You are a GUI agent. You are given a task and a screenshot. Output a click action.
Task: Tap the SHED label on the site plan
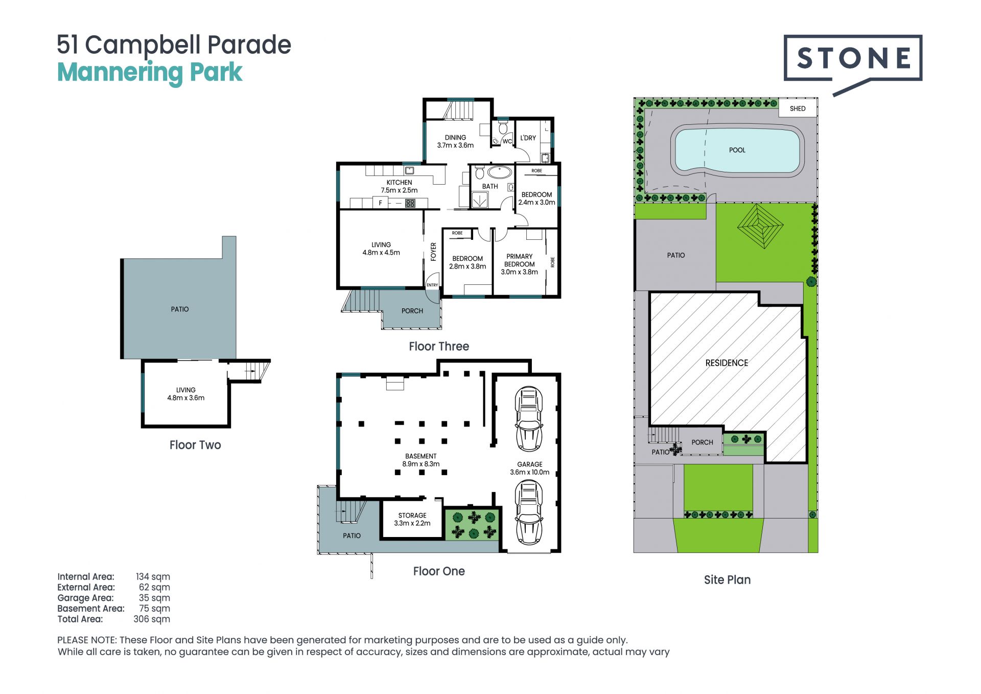pos(798,108)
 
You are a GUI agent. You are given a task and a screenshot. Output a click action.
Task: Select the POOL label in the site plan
pos(737,150)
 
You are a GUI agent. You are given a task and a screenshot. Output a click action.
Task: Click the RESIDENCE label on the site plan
pos(727,363)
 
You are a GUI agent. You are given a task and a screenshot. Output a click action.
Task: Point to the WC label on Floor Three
pos(507,142)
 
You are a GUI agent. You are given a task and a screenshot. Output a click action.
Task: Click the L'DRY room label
pos(528,138)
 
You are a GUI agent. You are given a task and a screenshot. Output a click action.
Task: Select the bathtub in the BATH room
pos(499,172)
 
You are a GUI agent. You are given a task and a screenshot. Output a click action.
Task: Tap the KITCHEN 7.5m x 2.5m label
pos(399,186)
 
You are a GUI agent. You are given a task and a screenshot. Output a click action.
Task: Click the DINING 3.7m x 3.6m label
pos(455,141)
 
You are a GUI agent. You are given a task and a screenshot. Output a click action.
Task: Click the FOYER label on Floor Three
pos(433,252)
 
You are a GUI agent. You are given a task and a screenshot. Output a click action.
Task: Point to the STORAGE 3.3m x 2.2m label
pos(412,519)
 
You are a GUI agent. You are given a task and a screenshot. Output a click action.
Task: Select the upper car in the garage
pos(528,419)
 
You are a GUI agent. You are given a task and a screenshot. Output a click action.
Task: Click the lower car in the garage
pos(528,512)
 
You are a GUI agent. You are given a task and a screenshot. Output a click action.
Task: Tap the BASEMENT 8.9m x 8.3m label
pos(421,460)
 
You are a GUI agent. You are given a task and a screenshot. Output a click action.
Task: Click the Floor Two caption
pos(195,445)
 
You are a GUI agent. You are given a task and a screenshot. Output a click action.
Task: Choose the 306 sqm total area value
pos(152,619)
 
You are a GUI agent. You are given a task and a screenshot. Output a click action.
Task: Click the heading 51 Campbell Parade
pos(174,45)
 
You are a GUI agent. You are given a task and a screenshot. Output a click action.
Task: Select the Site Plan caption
pos(727,579)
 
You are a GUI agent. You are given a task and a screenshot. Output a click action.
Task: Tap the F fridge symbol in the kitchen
pos(380,203)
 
